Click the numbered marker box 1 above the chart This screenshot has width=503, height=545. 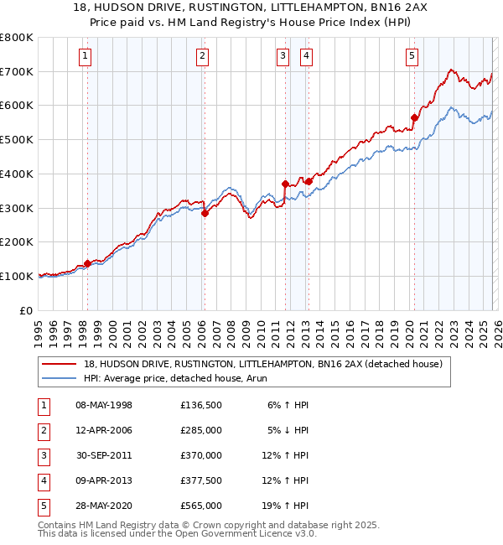[86, 56]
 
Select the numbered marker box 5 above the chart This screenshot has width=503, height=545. [412, 56]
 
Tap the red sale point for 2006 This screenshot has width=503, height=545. [205, 213]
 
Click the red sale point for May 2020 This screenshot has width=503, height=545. [414, 117]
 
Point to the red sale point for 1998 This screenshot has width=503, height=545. [87, 263]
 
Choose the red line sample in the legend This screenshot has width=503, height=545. [60, 364]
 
